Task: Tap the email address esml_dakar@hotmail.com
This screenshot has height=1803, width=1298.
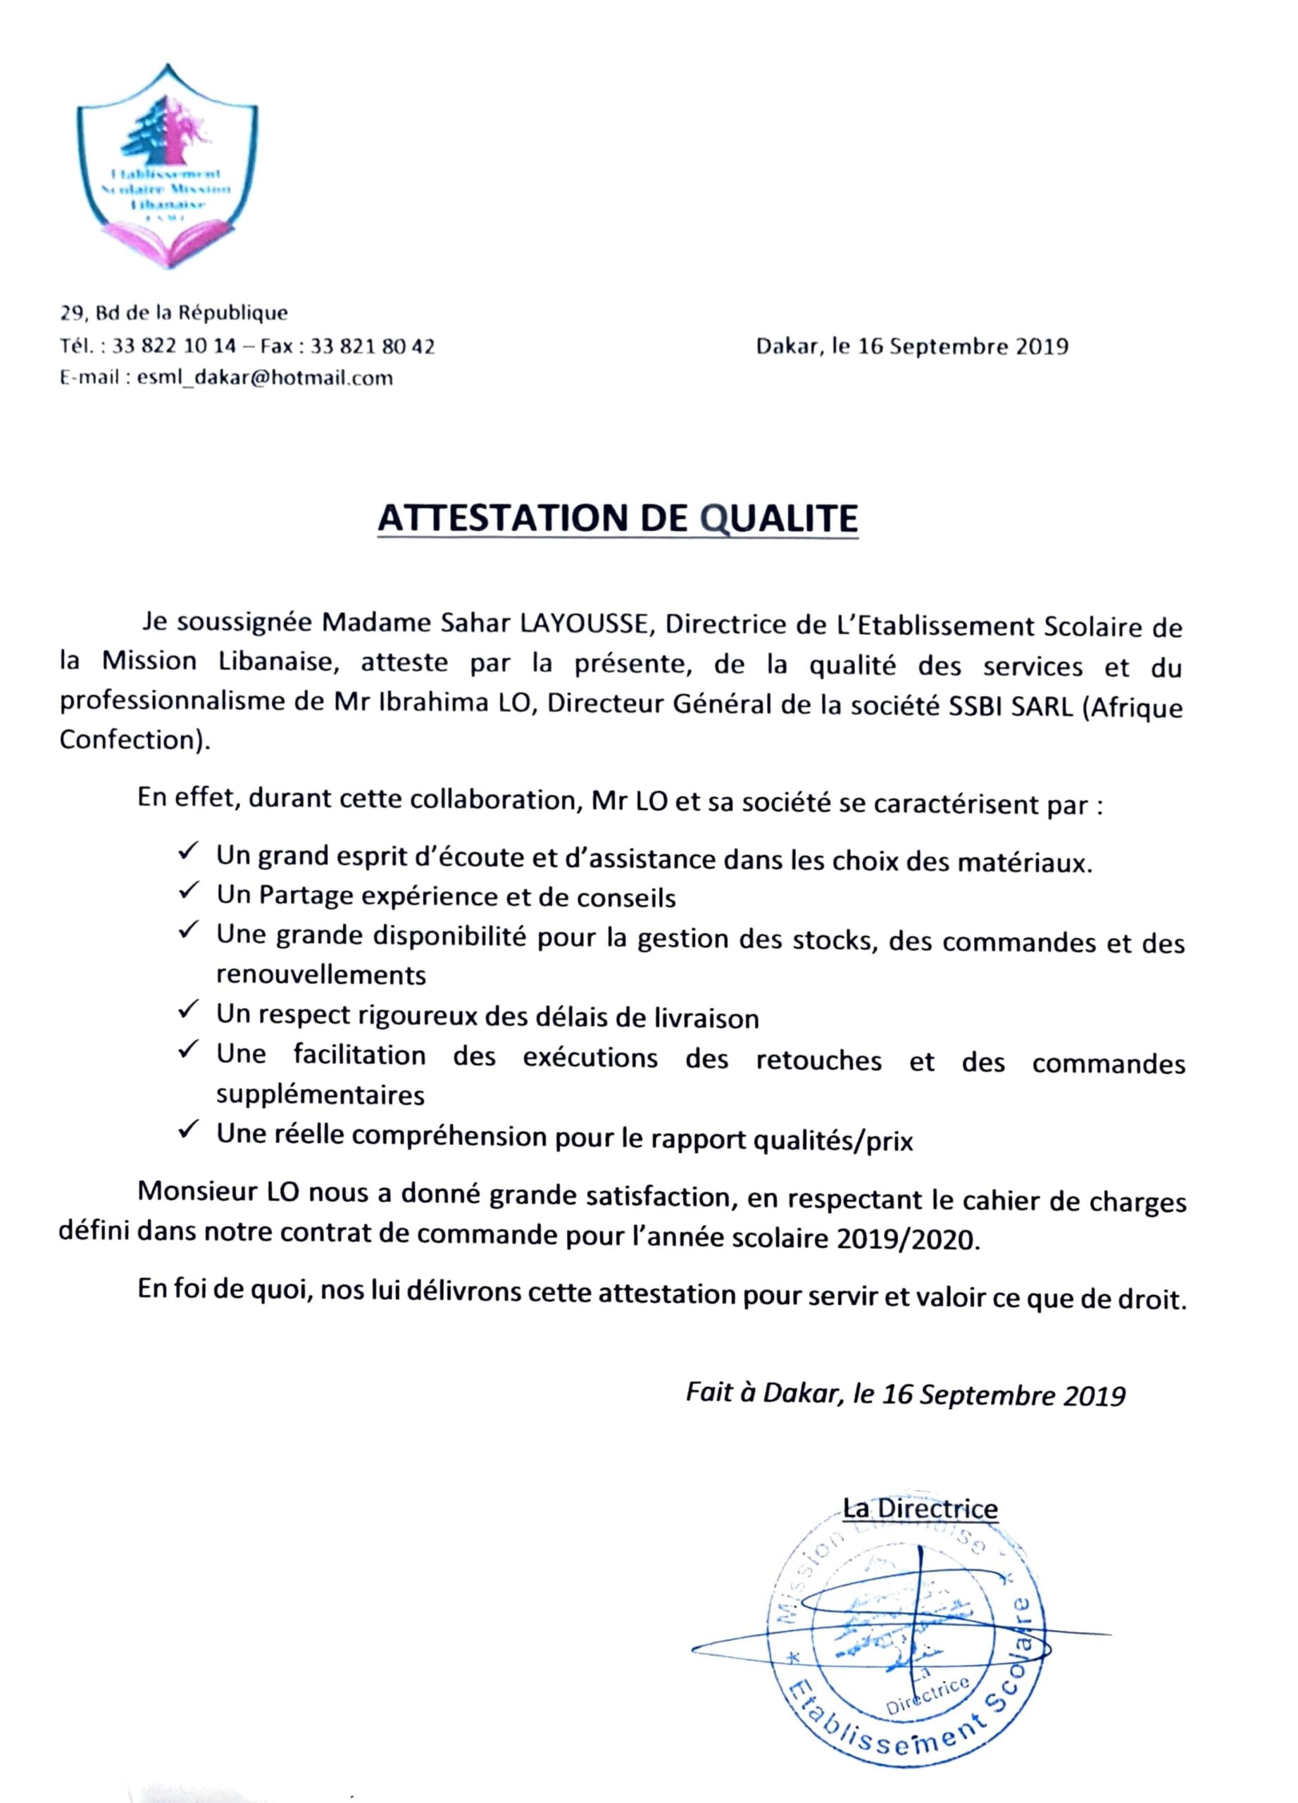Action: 265,378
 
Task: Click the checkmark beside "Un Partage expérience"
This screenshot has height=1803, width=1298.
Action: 188,891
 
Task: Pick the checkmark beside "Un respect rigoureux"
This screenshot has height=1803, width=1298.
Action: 188,1011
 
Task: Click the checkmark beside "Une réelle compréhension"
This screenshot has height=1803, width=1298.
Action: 188,1129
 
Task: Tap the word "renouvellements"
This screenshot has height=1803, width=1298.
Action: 321,975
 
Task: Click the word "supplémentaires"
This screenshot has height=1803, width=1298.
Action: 320,1095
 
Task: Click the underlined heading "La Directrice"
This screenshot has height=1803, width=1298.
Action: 920,1508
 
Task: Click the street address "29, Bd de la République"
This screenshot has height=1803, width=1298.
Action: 174,313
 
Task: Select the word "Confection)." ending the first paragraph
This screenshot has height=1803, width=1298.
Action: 135,740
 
